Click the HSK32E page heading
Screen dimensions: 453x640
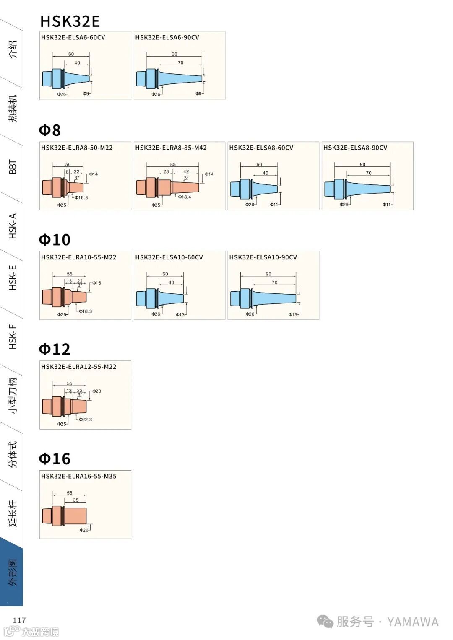[70, 21]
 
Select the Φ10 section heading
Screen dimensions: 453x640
[55, 240]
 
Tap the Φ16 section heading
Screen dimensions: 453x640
[55, 459]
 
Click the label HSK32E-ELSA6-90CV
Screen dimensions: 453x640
[167, 37]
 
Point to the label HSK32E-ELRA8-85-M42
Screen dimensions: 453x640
[171, 148]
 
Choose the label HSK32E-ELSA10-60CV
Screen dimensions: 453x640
[169, 257]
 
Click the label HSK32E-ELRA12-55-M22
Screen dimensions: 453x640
[78, 367]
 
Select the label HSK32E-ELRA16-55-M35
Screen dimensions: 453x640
[78, 476]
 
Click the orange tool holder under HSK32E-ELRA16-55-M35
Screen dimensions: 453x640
[65, 516]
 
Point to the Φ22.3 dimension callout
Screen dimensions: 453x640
[85, 420]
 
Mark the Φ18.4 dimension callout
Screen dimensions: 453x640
[184, 197]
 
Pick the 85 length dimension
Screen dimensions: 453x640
[173, 164]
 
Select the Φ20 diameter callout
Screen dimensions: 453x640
[96, 391]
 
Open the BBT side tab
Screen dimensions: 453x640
[13, 166]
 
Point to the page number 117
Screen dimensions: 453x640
[19, 620]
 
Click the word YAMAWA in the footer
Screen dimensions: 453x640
[413, 622]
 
